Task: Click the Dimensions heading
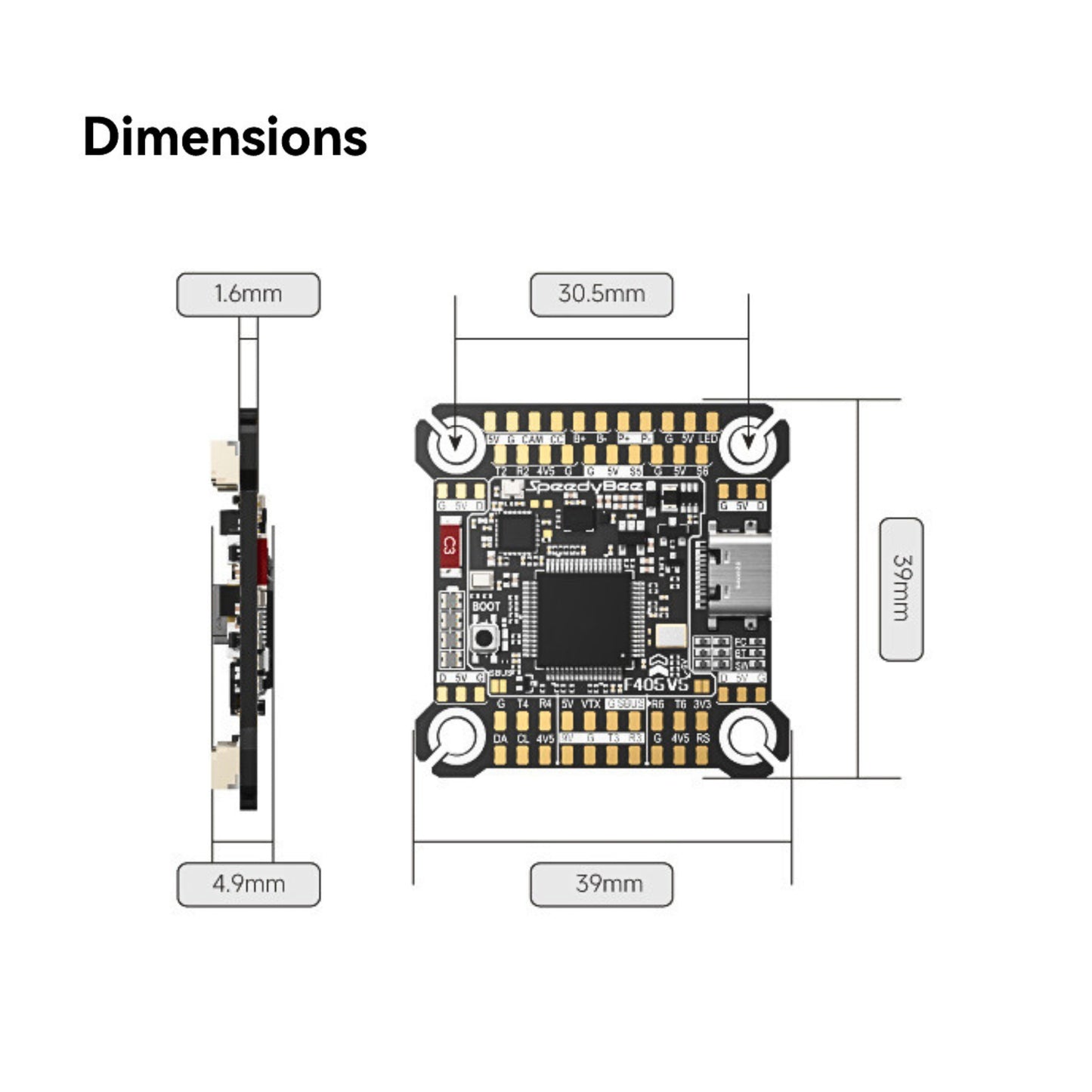224,138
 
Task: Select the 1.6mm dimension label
248,294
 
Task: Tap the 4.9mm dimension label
248,883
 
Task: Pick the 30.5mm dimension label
601,294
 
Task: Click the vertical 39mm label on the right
901,589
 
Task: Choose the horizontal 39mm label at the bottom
601,883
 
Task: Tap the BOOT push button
484,638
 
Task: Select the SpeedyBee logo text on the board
584,487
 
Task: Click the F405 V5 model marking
655,684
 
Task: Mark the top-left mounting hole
456,441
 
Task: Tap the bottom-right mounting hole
747,735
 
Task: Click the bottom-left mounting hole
456,735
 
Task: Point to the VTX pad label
590,704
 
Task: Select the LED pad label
708,439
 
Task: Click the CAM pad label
533,439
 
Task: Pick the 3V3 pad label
702,704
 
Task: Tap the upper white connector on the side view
224,463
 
